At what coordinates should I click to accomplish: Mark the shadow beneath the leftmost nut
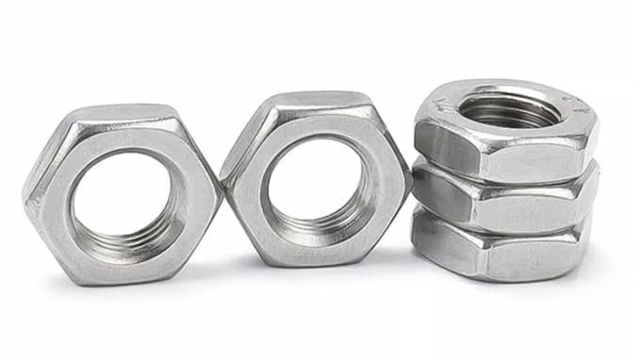coord(123,287)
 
